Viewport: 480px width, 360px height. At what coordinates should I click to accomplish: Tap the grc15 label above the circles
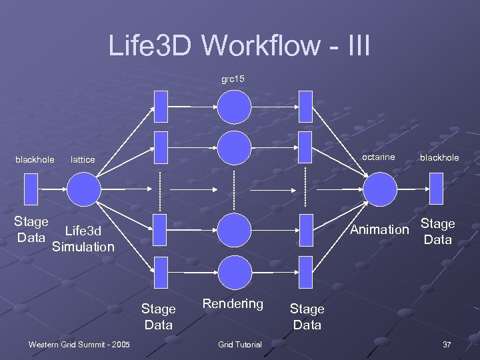(233, 79)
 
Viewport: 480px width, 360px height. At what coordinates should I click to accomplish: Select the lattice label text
(83, 160)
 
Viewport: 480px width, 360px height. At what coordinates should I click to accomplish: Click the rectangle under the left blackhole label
(31, 189)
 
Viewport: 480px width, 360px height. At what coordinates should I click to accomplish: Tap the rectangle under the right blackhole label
(436, 189)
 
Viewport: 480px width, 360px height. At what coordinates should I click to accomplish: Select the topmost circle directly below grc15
(235, 107)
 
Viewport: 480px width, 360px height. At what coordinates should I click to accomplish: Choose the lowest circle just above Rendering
(235, 272)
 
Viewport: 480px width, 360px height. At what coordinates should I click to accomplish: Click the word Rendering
(233, 304)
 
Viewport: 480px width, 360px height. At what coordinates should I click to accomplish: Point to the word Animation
(379, 230)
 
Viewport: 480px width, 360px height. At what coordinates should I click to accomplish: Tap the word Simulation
(83, 247)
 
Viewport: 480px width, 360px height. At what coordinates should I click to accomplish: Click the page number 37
(447, 344)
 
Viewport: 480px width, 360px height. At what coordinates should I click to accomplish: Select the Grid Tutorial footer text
(240, 344)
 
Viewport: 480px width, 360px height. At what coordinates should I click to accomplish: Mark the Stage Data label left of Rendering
(159, 317)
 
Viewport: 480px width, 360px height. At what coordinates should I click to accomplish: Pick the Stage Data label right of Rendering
(307, 317)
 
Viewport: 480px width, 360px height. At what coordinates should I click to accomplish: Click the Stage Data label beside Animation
(437, 231)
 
